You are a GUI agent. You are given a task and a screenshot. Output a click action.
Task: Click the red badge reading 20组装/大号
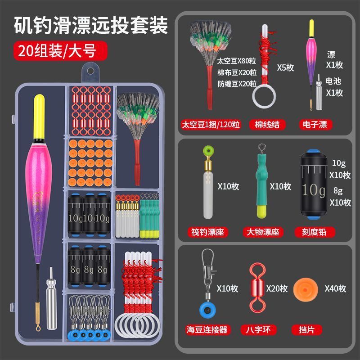[x=60, y=51]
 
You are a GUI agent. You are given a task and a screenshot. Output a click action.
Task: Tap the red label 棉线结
[x=267, y=125]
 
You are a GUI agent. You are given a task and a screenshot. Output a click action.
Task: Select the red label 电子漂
[x=315, y=125]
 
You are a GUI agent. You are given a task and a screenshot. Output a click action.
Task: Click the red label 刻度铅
[x=314, y=232]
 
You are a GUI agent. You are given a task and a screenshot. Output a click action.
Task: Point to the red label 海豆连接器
[x=207, y=330]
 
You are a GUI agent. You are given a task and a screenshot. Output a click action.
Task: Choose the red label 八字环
[x=258, y=330]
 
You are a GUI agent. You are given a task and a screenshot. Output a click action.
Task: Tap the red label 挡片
[x=306, y=330]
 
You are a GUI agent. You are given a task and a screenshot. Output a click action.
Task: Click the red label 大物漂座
[x=263, y=232]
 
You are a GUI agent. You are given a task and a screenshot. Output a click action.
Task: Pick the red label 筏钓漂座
[x=207, y=232]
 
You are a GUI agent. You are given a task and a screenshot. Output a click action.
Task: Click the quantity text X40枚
[x=335, y=288]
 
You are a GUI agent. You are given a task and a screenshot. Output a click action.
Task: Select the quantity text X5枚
[x=285, y=67]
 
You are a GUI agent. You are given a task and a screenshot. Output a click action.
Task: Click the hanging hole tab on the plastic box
[x=90, y=72]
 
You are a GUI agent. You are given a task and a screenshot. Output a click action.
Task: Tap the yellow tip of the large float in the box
[x=39, y=116]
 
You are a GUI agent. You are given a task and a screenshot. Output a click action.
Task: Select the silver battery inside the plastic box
[x=51, y=298]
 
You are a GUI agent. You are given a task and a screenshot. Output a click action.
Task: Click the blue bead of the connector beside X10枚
[x=207, y=310]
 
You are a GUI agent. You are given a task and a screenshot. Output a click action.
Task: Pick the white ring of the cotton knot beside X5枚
[x=264, y=96]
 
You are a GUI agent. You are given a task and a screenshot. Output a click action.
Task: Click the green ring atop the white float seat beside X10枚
[x=209, y=151]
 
